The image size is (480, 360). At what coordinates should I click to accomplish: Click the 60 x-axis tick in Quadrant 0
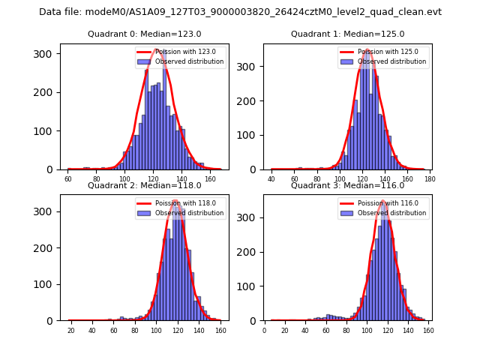[x=68, y=180]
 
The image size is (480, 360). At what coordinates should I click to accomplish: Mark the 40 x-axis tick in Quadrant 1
[x=271, y=180]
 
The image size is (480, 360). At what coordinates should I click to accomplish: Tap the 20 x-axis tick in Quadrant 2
[x=70, y=331]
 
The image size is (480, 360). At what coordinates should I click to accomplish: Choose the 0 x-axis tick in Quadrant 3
[x=264, y=331]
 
